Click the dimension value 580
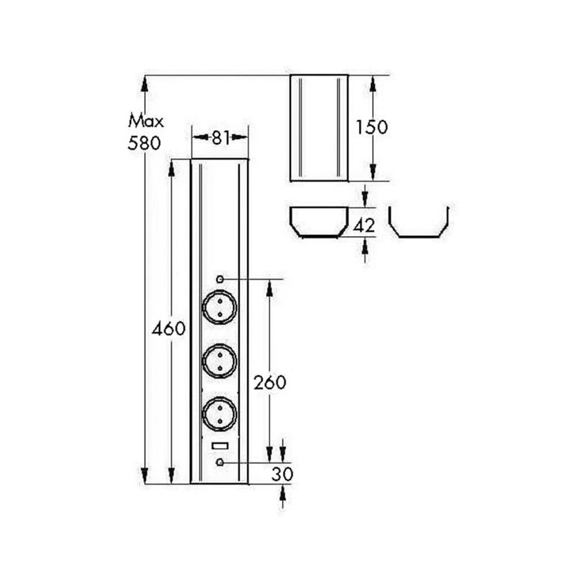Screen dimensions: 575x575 pyautogui.click(x=144, y=143)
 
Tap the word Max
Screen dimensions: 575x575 pyautogui.click(x=146, y=121)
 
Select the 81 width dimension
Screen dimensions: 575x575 pyautogui.click(x=220, y=137)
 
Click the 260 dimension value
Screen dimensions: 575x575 pyautogui.click(x=270, y=382)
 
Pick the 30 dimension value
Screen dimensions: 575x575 pyautogui.click(x=283, y=474)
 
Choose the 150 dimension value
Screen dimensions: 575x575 pyautogui.click(x=371, y=127)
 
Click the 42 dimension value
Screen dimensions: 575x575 pyautogui.click(x=364, y=226)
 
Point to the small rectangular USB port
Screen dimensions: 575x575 pyautogui.click(x=219, y=446)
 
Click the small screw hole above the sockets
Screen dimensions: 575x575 pyautogui.click(x=220, y=279)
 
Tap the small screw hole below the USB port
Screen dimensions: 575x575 pyautogui.click(x=220, y=462)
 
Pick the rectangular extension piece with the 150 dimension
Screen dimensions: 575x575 pyautogui.click(x=319, y=128)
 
